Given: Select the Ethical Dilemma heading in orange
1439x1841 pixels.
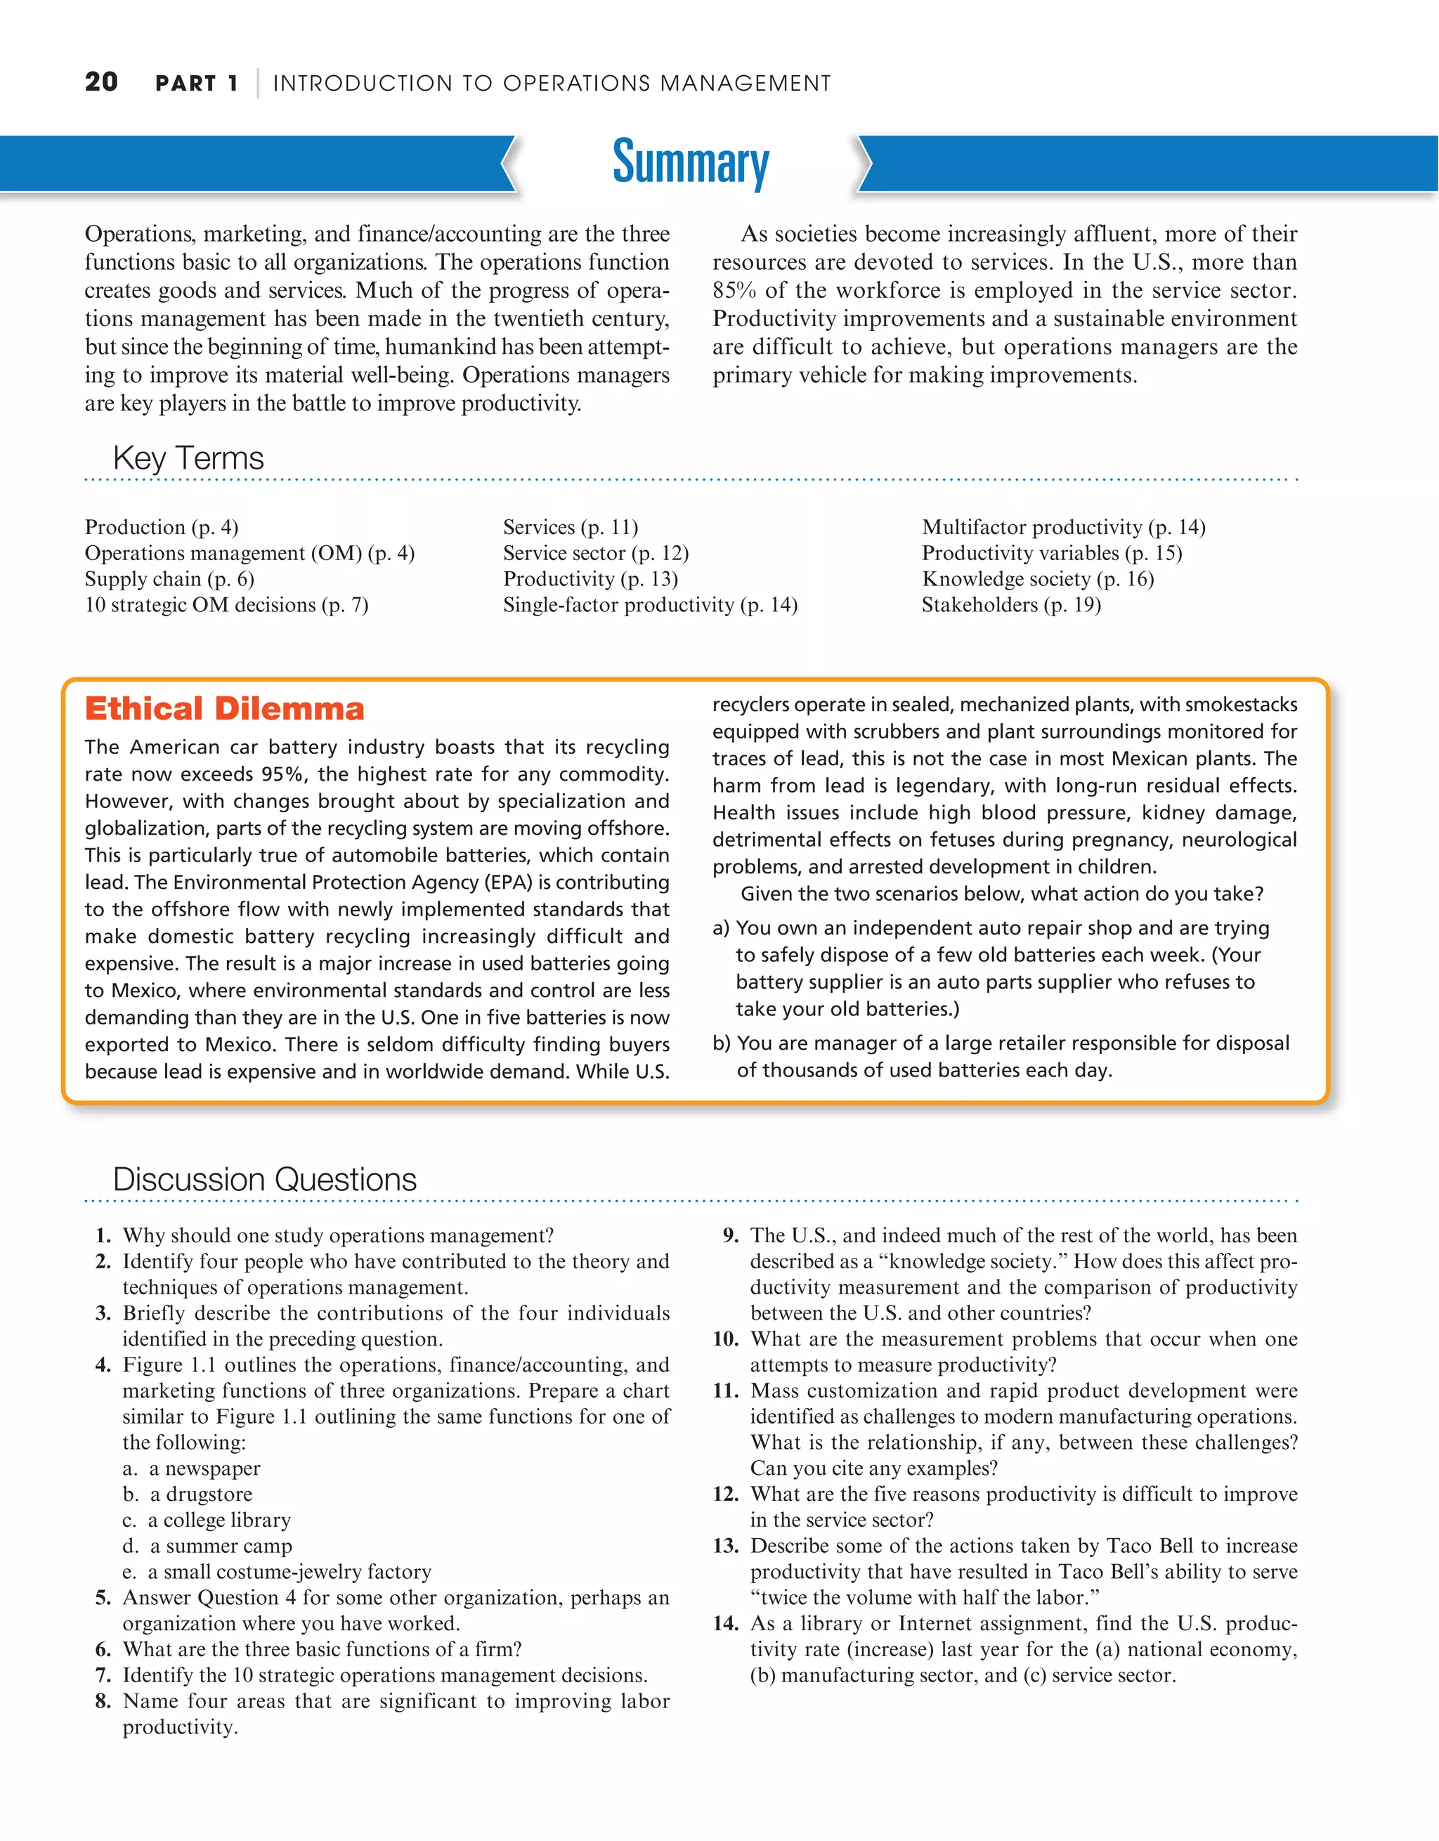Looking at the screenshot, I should pos(224,709).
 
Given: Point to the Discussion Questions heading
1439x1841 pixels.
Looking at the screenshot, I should pos(265,1179).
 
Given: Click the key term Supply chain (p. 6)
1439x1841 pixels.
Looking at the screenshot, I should pos(169,579).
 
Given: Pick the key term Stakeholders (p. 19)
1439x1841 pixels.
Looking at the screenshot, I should pos(1011,605).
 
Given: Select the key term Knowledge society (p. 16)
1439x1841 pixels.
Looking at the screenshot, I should pos(1038,579).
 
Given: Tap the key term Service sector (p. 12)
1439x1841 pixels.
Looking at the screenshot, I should pos(595,553).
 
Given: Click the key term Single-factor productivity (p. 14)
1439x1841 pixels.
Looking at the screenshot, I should pos(650,605).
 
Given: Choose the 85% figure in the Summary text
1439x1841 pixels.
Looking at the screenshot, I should pos(734,291).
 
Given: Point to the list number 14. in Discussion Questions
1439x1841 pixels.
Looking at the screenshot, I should pos(726,1623).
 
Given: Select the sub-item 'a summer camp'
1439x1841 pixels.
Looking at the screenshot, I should pos(221,1546).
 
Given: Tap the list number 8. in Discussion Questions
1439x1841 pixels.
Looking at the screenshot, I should pos(103,1701).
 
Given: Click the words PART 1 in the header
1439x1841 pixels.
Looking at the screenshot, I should pos(197,84).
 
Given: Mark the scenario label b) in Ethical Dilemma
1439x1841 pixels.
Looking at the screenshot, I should pos(722,1043).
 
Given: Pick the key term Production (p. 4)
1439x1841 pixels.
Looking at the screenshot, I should pos(161,528).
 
